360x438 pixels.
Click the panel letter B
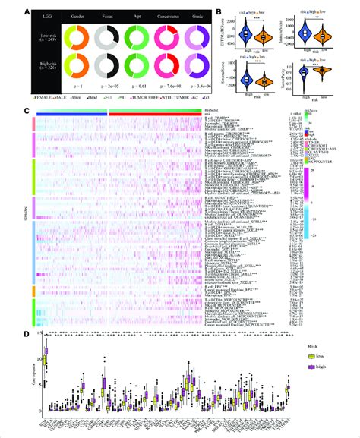click(217, 11)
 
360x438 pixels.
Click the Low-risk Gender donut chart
click(75, 40)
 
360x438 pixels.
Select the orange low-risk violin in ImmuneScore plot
click(327, 34)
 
